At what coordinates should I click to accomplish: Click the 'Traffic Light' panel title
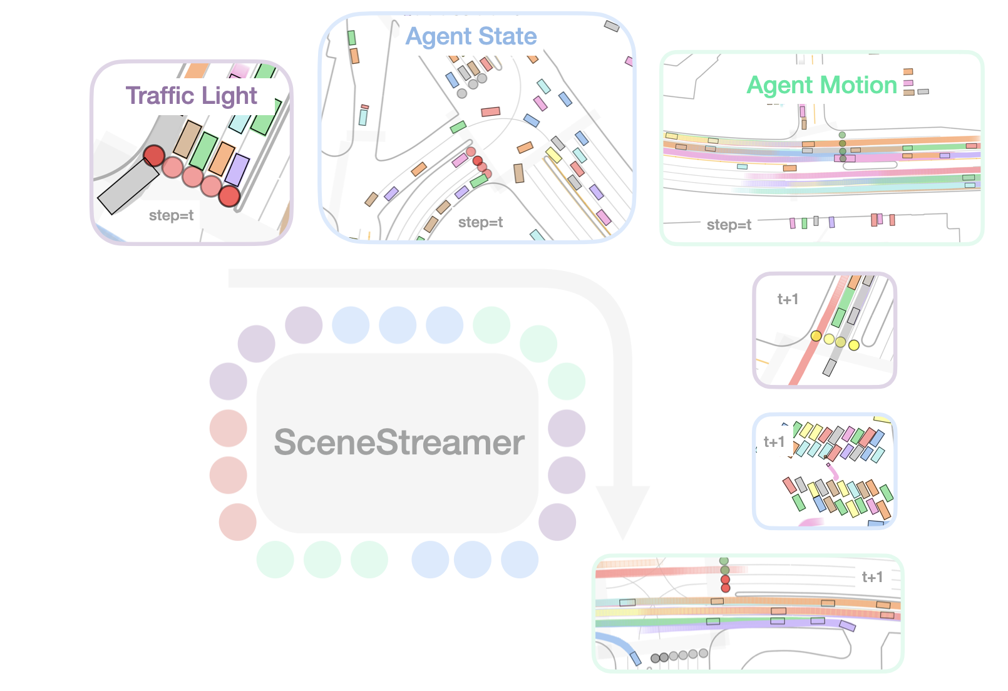pyautogui.click(x=191, y=96)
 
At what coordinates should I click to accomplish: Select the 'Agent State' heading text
pyautogui.click(x=471, y=36)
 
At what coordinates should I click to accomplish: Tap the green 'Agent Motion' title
pyautogui.click(x=821, y=85)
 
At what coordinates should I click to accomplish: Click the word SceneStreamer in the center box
pyautogui.click(x=399, y=443)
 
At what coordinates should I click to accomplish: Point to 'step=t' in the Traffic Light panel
pyautogui.click(x=171, y=216)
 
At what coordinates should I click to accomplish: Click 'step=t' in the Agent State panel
pyautogui.click(x=480, y=222)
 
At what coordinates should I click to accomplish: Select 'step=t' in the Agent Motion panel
pyautogui.click(x=729, y=225)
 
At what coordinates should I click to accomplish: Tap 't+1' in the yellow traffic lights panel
pyautogui.click(x=788, y=299)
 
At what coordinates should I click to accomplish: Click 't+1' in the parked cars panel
pyautogui.click(x=774, y=442)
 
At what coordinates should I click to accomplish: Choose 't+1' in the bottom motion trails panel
pyautogui.click(x=872, y=577)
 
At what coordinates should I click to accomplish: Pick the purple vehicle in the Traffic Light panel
pyautogui.click(x=237, y=169)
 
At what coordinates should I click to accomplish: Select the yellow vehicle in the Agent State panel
pyautogui.click(x=553, y=155)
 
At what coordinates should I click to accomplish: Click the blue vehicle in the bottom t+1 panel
pyautogui.click(x=635, y=657)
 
